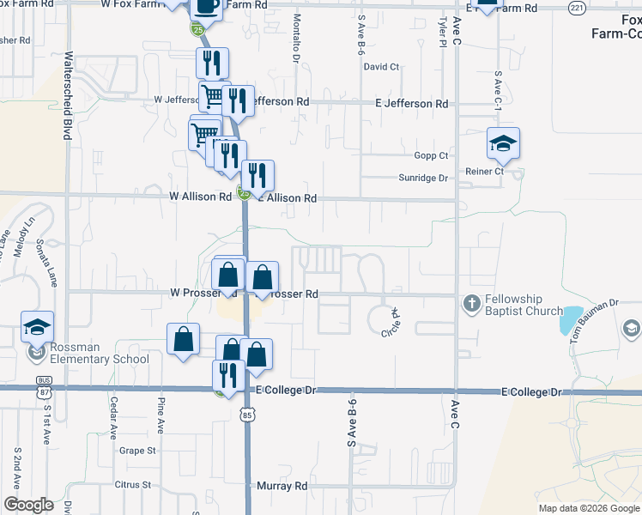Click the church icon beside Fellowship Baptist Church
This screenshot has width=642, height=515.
click(x=471, y=303)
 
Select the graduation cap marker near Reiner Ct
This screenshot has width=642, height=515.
click(x=503, y=143)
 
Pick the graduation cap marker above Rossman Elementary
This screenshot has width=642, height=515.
click(x=38, y=327)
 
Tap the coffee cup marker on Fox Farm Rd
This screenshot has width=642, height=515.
click(x=206, y=6)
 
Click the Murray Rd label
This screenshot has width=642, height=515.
click(x=282, y=486)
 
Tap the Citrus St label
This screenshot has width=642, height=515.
click(x=133, y=485)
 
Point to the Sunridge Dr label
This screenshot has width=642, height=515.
click(x=424, y=178)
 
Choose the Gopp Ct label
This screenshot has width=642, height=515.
click(x=431, y=155)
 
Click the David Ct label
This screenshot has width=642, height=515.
click(x=382, y=66)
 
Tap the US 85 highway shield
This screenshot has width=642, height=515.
click(x=248, y=416)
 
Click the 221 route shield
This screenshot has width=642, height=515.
click(x=576, y=7)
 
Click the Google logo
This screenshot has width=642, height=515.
click(x=28, y=505)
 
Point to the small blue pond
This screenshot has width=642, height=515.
click(x=570, y=320)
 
